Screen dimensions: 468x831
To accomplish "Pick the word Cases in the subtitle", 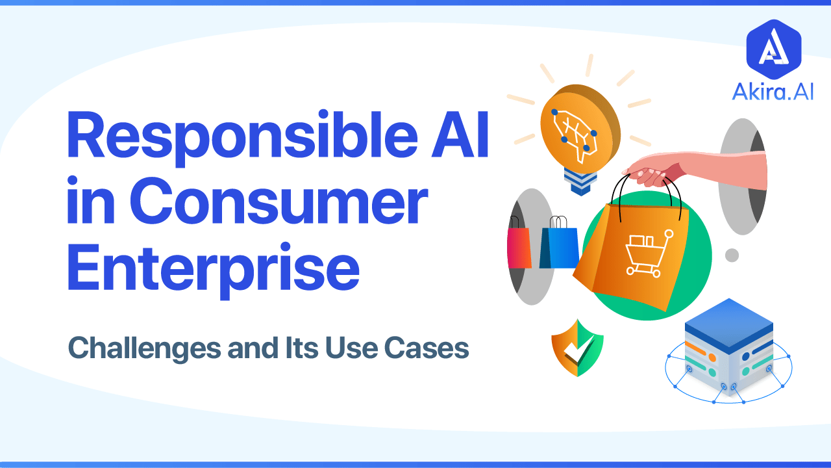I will pyautogui.click(x=434, y=348).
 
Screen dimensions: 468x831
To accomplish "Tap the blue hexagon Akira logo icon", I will pyautogui.click(x=773, y=48).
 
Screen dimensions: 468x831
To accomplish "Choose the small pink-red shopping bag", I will pyautogui.click(x=519, y=247).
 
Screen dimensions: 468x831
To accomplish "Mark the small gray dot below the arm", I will pyautogui.click(x=732, y=255).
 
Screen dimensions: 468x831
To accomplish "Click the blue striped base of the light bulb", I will pyautogui.click(x=579, y=180).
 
